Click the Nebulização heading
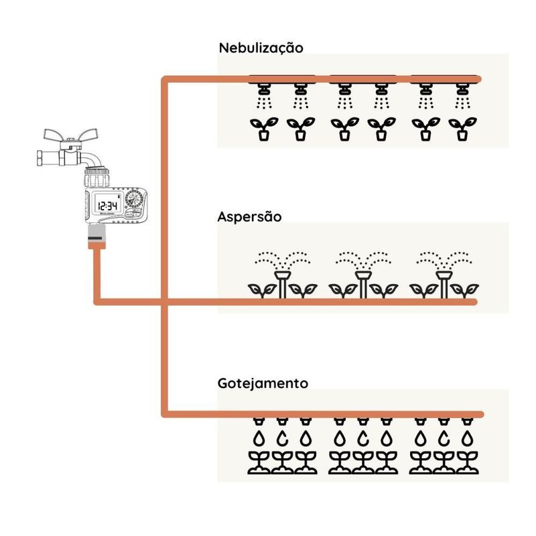(261, 48)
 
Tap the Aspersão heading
(249, 217)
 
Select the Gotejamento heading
(263, 384)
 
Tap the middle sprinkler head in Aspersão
(362, 276)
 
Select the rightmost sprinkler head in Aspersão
(443, 276)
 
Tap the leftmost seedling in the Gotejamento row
(259, 463)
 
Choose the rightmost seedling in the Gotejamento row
(466, 463)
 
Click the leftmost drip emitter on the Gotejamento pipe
(259, 423)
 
